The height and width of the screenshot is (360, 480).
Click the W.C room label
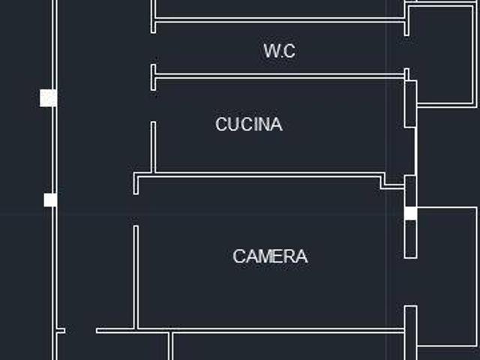280,51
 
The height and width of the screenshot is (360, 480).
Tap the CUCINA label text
249,124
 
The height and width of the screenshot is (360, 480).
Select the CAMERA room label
270,256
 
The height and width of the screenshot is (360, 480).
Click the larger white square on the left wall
48,98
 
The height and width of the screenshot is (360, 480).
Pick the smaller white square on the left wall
50,200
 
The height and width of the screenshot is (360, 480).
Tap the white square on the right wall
411,213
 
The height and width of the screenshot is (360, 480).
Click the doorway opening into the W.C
153,49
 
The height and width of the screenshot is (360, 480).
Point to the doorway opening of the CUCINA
153,106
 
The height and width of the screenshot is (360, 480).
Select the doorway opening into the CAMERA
136,210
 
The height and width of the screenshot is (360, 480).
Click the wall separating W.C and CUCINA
280,76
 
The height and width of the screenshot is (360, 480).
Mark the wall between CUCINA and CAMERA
259,175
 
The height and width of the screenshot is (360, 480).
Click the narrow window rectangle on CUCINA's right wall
411,104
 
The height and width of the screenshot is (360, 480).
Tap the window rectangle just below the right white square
411,239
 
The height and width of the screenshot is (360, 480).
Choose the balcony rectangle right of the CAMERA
447,277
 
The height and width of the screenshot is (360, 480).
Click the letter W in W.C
271,51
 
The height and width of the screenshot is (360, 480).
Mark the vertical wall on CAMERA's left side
136,277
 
